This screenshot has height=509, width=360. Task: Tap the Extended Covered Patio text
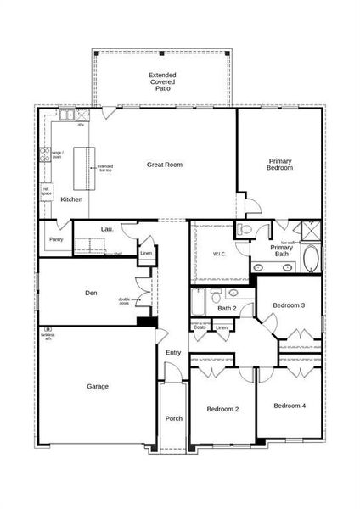pos(161,81)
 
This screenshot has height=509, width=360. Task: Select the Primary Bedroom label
pos(280,165)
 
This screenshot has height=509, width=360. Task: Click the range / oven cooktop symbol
pos(44,154)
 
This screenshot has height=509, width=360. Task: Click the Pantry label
pos(55,239)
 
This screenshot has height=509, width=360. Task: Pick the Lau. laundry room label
pos(108,229)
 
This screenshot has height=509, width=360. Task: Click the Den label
pos(91,293)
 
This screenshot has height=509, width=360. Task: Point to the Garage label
pos(97,386)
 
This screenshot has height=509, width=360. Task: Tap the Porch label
pos(173,418)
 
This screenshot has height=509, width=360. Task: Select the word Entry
pos(173,353)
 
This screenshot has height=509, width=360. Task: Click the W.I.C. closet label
pos(217,254)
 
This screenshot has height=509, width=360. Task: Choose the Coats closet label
pos(200,327)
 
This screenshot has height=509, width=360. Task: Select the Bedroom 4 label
pos(289,406)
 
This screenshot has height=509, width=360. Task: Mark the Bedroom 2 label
pos(222,409)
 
